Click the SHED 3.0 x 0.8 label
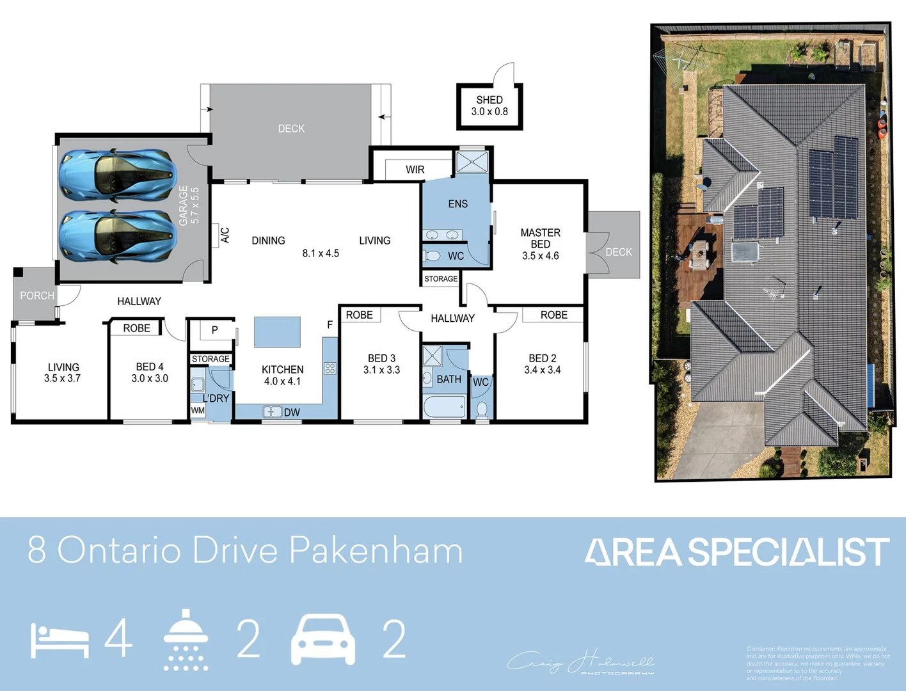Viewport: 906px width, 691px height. pos(489,106)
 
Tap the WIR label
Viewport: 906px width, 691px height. pos(415,170)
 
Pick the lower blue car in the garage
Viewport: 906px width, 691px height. pos(117,236)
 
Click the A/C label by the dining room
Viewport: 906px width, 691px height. pos(225,235)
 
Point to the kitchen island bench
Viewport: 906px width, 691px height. pos(277,332)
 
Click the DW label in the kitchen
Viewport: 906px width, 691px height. pos(292,413)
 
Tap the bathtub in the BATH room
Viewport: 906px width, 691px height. pos(444,406)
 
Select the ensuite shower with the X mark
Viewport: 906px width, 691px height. pos(472,162)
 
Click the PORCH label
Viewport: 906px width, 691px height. pos(37,296)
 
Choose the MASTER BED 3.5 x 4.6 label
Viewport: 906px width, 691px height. pos(541,244)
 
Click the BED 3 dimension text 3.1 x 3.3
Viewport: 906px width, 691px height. pos(381,370)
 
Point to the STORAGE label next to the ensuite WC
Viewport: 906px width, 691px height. pos(441,279)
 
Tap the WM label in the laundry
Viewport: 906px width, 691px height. pos(198,411)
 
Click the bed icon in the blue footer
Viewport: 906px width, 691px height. pos(60,640)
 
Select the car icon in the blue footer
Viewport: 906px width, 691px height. pos(323,640)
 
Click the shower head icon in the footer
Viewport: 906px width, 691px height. pos(186,639)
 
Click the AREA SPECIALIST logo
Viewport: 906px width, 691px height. pos(736,552)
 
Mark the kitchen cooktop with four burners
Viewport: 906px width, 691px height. pos(330,368)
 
